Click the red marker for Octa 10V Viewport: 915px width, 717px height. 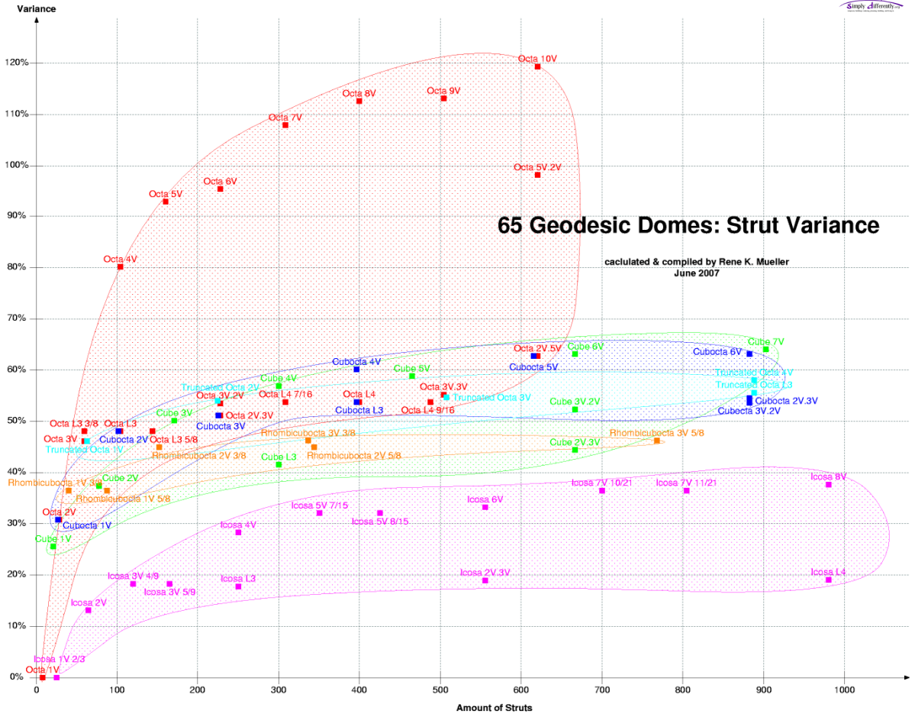(537, 66)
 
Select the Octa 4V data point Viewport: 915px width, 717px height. (121, 266)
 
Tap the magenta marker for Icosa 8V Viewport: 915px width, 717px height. (828, 484)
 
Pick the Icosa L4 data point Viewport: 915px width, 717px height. (828, 580)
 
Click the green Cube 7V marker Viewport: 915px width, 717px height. (765, 349)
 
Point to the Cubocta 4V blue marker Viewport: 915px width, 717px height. (356, 369)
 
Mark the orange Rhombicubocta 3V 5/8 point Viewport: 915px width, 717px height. (657, 441)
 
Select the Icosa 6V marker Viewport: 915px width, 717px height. (485, 507)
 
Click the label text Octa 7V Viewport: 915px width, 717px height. (285, 118)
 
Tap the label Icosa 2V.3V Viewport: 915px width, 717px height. (485, 572)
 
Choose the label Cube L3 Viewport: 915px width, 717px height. (278, 457)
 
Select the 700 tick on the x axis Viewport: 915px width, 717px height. (602, 690)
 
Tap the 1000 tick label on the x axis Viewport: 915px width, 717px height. (844, 690)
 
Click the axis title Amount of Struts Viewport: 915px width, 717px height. (494, 708)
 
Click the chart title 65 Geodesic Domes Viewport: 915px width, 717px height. (688, 226)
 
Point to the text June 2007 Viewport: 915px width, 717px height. (698, 272)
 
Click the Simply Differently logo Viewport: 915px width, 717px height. (870, 6)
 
